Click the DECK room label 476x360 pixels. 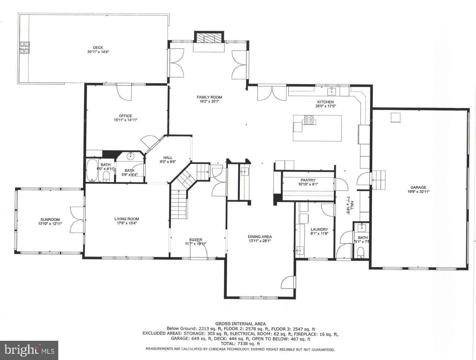(98, 47)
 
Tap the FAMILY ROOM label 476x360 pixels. (209, 97)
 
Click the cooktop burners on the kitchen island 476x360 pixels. (309, 120)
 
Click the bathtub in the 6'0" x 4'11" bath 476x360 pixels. (92, 170)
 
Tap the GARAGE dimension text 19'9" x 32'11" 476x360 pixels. (418, 192)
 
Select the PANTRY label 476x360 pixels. (308, 180)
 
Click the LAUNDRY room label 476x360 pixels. (319, 229)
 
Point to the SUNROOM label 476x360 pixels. (50, 220)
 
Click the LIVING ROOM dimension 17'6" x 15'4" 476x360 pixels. (127, 223)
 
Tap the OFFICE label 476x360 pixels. (126, 116)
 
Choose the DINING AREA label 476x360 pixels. (260, 237)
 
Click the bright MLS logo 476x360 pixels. (29, 350)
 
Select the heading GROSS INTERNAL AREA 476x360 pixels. (240, 324)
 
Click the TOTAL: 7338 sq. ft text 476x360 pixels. (240, 344)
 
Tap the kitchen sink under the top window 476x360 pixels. (332, 91)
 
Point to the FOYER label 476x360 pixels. (196, 240)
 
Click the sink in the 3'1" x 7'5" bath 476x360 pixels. (361, 228)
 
